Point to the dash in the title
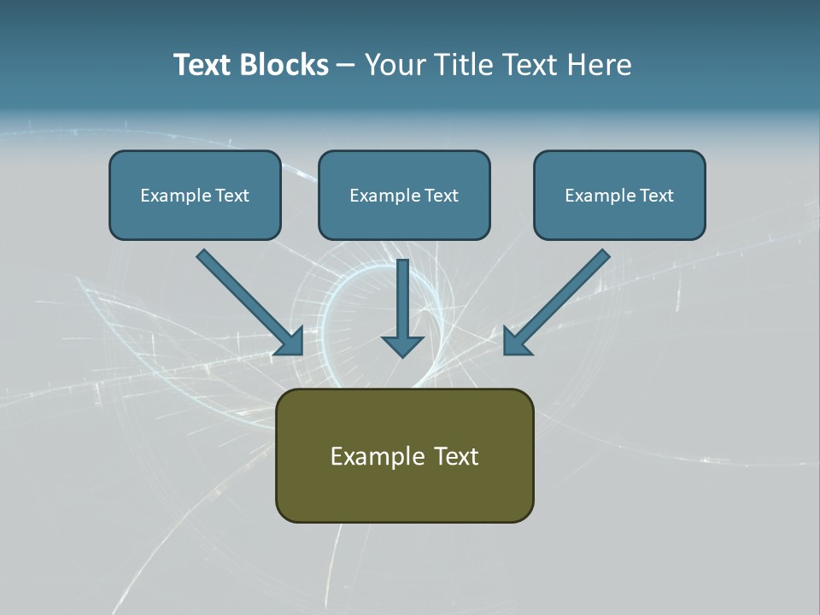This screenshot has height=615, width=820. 346,66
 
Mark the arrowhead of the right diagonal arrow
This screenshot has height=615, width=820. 516,342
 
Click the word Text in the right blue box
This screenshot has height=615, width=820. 656,196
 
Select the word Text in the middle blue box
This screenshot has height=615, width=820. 441,196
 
